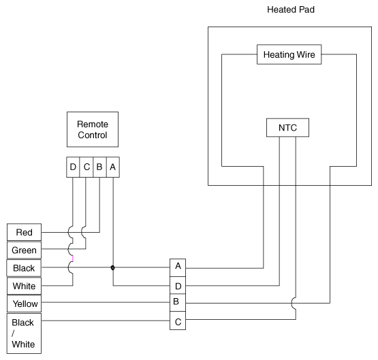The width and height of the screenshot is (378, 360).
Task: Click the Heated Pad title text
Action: (x=291, y=10)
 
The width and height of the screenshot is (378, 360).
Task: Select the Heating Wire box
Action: (x=289, y=54)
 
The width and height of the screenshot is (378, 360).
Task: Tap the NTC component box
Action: (x=287, y=128)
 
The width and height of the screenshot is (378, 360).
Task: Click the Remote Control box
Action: (x=93, y=129)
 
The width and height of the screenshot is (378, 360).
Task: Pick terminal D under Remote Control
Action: (x=73, y=167)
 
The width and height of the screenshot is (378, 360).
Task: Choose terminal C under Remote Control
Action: (x=86, y=167)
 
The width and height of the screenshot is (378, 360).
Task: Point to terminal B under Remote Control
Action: (x=99, y=167)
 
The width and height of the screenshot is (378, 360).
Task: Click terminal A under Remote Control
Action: (x=113, y=167)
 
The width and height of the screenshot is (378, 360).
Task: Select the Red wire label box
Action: (x=24, y=232)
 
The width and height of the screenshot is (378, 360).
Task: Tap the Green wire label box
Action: (x=24, y=250)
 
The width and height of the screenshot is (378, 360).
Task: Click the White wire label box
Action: (x=24, y=286)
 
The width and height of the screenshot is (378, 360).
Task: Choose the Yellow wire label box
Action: (x=24, y=304)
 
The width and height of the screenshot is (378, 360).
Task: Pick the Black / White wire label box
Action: (x=24, y=333)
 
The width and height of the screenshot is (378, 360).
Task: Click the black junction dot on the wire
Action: (x=112, y=267)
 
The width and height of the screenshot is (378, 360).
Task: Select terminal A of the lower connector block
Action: (x=178, y=267)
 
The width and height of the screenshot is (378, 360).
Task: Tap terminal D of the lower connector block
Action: (x=178, y=285)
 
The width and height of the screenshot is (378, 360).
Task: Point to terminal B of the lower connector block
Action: (x=178, y=303)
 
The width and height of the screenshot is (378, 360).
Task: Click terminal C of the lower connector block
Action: (x=178, y=321)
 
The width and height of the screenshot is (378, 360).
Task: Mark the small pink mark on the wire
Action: (x=73, y=259)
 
